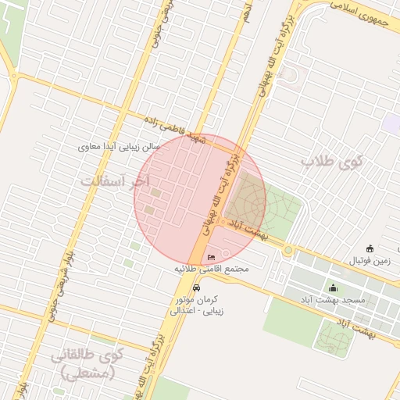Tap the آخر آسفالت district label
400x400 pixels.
(114, 181)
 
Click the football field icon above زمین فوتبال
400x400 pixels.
(370, 248)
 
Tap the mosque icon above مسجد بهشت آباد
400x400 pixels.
(334, 288)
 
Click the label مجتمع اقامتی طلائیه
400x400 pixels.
(211, 269)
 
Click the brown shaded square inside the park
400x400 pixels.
(245, 195)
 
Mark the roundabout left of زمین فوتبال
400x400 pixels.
(287, 250)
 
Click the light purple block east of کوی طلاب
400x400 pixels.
(391, 123)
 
